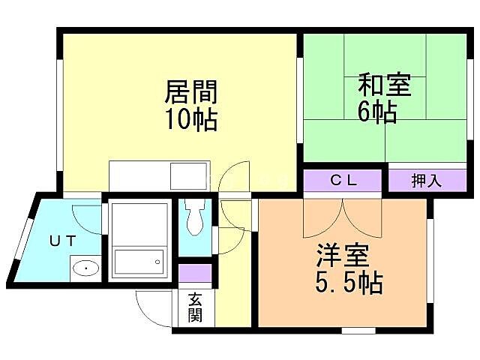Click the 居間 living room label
click(x=190, y=93)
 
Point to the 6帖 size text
click(x=376, y=111)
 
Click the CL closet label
click(x=344, y=181)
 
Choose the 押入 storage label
click(x=426, y=181)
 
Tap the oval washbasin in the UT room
click(x=86, y=268)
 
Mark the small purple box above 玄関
click(x=195, y=272)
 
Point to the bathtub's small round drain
click(x=157, y=262)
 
